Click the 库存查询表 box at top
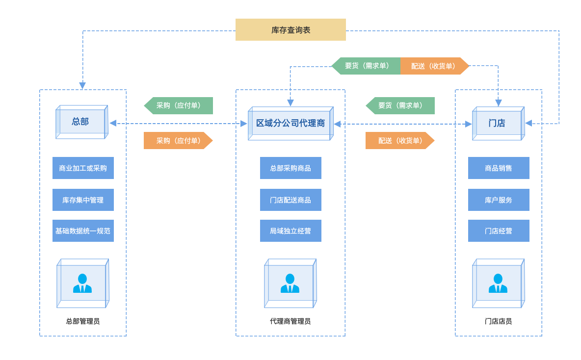point(290,30)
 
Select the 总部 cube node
point(81,122)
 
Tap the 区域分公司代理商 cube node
point(290,124)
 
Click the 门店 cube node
point(498,124)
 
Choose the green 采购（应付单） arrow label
point(179,105)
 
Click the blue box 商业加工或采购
point(83,168)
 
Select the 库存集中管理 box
point(83,200)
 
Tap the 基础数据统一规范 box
point(83,231)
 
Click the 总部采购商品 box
point(290,168)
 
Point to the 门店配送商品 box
point(290,200)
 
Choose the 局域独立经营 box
point(290,231)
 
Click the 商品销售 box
point(499,168)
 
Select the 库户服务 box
point(499,200)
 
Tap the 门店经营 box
point(499,231)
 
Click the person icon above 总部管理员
point(82,283)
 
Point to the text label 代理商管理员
point(290,321)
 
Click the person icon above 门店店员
point(498,283)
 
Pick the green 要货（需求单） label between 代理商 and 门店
point(400,105)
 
